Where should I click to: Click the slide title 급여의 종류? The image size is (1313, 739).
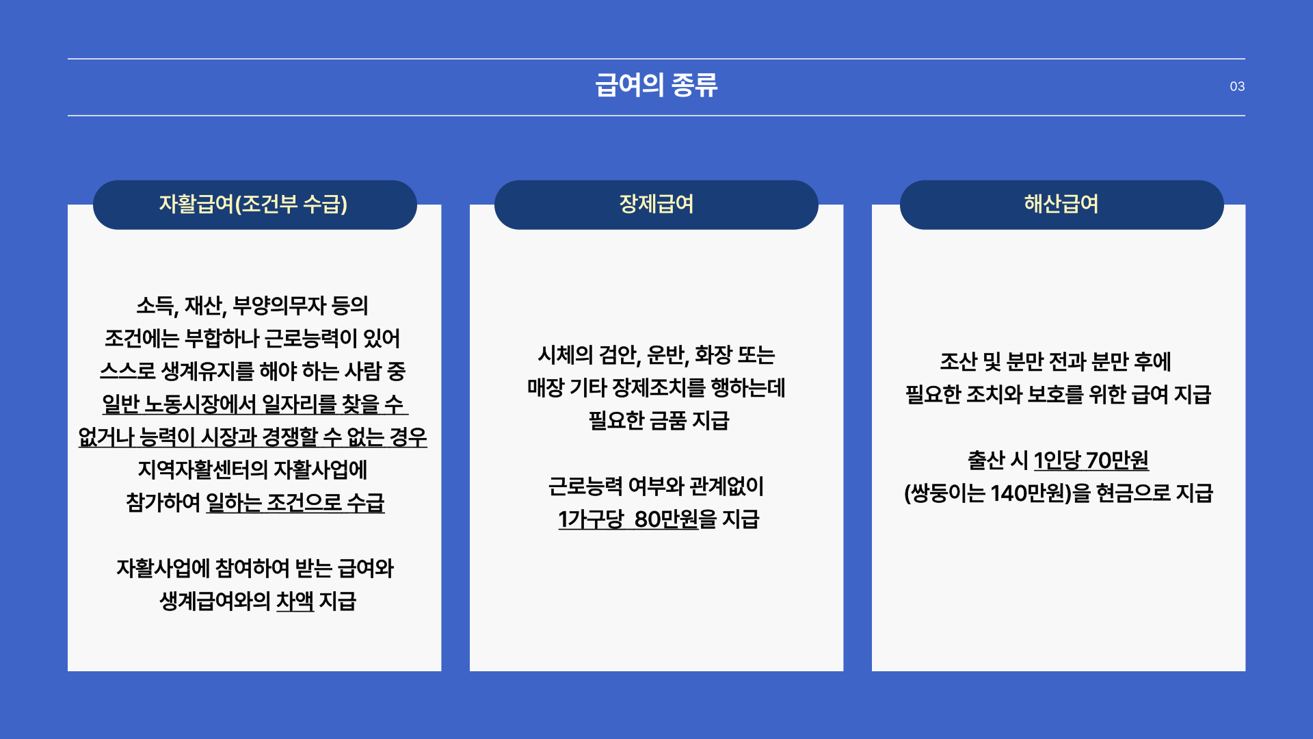pos(656,86)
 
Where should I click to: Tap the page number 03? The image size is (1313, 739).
pos(1237,87)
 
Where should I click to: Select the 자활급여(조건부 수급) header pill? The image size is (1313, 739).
pos(254,205)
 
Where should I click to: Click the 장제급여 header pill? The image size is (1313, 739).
pos(656,205)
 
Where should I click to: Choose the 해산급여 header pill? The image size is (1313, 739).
pos(1061,205)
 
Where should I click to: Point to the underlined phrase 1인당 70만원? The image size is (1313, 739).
pos(1091,461)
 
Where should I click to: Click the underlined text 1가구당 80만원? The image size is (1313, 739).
pos(628,519)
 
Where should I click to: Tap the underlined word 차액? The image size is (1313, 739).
pos(295,601)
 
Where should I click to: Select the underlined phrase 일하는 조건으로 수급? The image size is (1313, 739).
pos(295,503)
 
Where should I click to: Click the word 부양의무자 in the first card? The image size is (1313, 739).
pos(279,306)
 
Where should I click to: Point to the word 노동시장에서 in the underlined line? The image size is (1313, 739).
pos(200,404)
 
